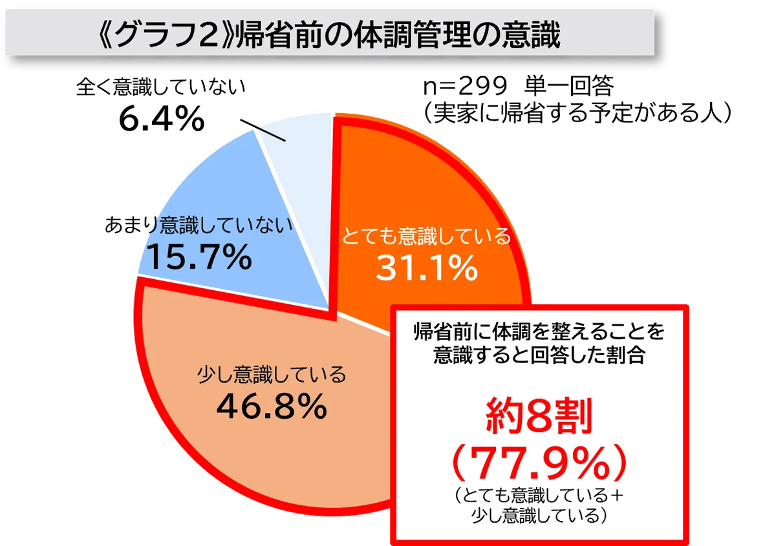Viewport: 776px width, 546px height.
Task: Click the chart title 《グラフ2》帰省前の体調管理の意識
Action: click(x=330, y=36)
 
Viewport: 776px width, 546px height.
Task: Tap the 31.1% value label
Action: click(x=427, y=269)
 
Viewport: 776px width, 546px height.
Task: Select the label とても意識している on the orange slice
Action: click(x=427, y=237)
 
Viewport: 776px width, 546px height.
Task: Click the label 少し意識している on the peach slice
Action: click(x=272, y=374)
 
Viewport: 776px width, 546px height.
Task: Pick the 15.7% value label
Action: click(x=200, y=258)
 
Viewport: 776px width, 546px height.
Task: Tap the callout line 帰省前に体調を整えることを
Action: click(x=539, y=333)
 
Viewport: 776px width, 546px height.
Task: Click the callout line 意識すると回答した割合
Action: click(x=539, y=355)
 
